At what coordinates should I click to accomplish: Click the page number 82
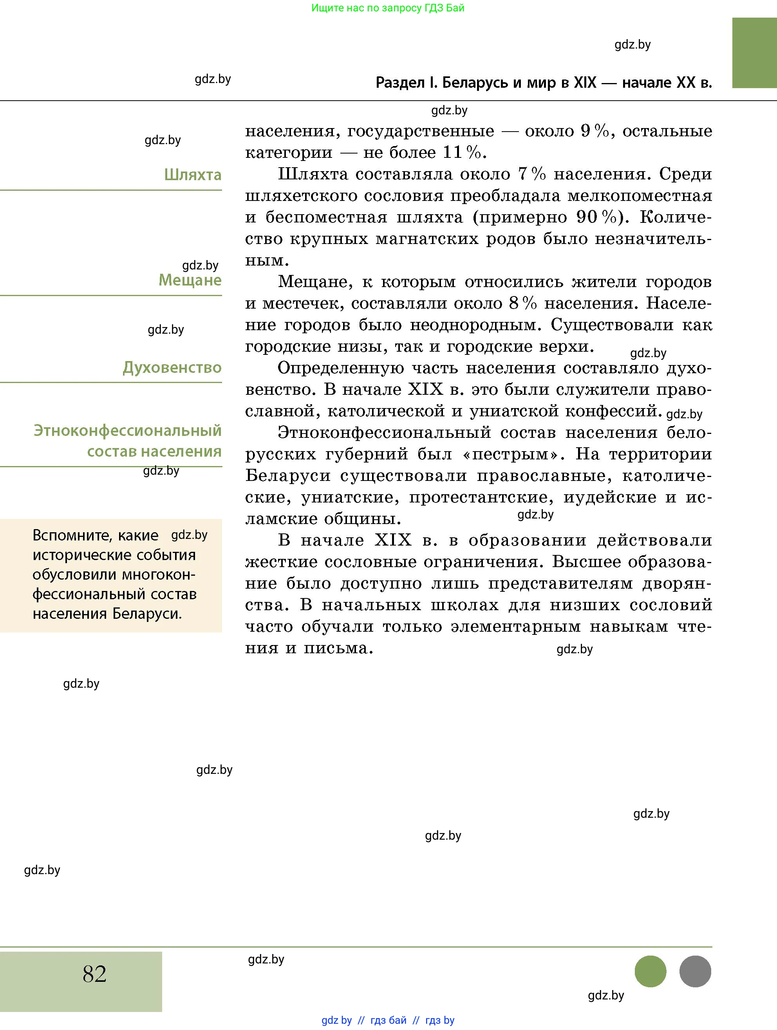pyautogui.click(x=94, y=974)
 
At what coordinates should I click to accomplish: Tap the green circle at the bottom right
pyautogui.click(x=651, y=971)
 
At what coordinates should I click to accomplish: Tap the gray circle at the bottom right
pyautogui.click(x=695, y=971)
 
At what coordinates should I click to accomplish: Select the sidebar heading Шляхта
pyautogui.click(x=193, y=175)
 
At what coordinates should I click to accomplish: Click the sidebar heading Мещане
pyautogui.click(x=190, y=280)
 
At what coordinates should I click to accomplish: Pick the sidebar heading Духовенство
pyautogui.click(x=172, y=368)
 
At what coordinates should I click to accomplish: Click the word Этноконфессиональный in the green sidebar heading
pyautogui.click(x=128, y=431)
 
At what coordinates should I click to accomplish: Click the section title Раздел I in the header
pyautogui.click(x=407, y=82)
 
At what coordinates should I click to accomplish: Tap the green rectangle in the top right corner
pyautogui.click(x=754, y=52)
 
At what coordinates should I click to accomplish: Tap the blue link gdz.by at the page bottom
pyautogui.click(x=336, y=1020)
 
